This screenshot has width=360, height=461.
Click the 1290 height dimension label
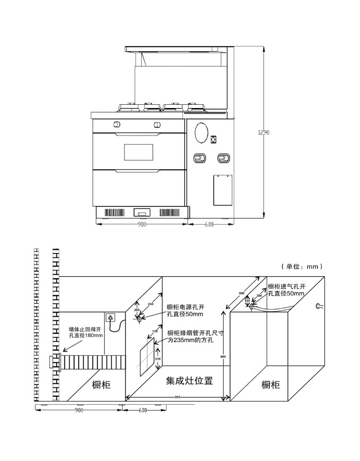(x=264, y=133)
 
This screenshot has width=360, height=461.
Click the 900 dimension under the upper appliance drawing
(x=142, y=224)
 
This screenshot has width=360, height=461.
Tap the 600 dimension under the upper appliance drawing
(x=209, y=224)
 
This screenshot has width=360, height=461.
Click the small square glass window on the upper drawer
(x=139, y=152)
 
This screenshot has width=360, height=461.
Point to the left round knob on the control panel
(x=117, y=125)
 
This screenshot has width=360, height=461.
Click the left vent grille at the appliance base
(x=114, y=212)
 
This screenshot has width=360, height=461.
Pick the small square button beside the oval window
(x=213, y=140)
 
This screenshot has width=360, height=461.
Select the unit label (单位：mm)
(x=302, y=266)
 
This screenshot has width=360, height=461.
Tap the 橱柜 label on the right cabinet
(x=271, y=385)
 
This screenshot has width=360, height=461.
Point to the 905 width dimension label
(x=178, y=397)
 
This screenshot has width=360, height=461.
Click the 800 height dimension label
(x=223, y=356)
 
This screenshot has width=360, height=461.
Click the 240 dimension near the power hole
(x=151, y=304)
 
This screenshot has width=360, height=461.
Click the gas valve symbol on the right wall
(x=318, y=306)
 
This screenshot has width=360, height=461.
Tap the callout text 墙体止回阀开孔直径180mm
(x=86, y=332)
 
